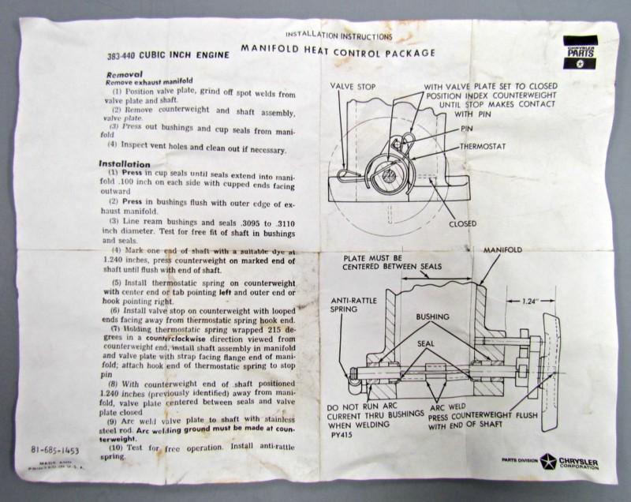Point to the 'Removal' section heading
click(125, 73)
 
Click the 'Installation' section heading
click(124, 164)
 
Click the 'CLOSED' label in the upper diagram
click(462, 223)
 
